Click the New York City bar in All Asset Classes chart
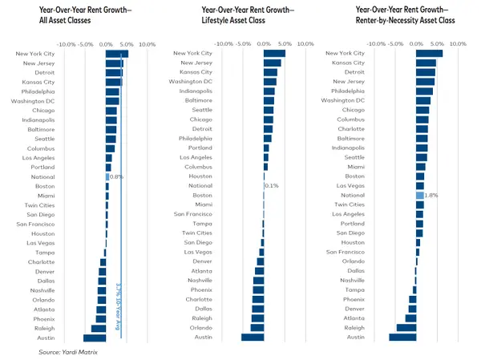pos(117,54)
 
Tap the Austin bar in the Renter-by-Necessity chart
pos(403,338)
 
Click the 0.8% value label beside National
pos(116,176)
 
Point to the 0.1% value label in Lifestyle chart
pos(271,186)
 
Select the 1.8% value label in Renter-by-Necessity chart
pos(430,195)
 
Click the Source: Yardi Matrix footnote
pos(67,352)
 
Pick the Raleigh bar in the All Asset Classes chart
pos(99,328)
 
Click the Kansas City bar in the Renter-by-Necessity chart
pos(426,63)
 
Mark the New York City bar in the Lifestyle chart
pos(274,54)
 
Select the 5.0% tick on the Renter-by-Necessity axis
pos(436,44)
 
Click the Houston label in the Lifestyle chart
pos(200,176)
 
